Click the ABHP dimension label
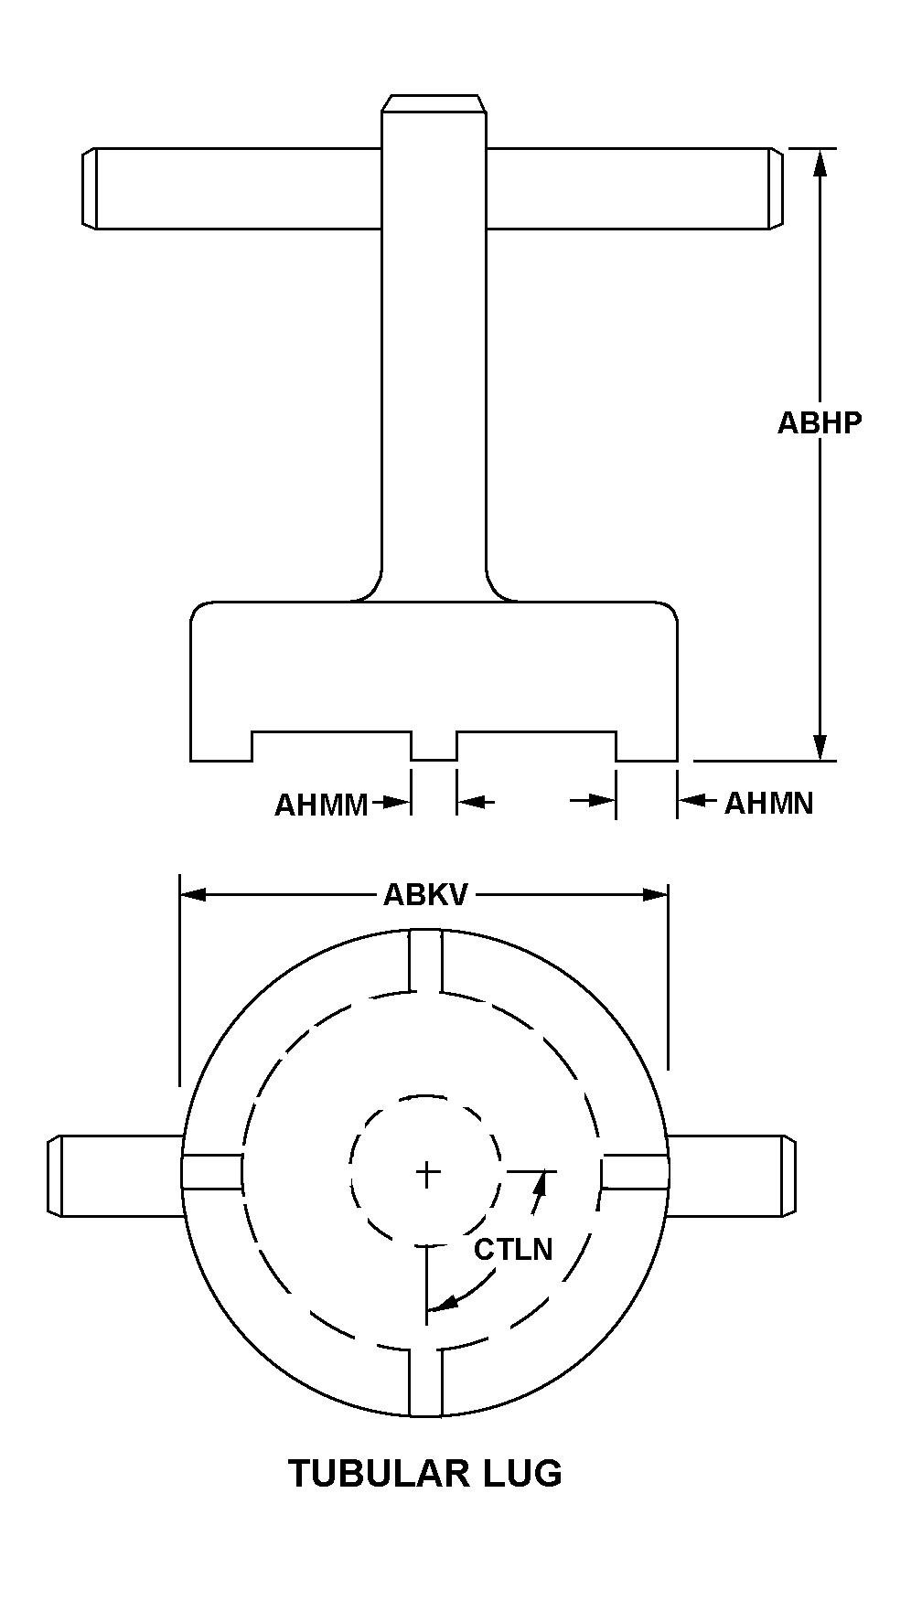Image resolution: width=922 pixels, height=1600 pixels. [819, 422]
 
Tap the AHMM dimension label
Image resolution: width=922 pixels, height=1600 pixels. [321, 805]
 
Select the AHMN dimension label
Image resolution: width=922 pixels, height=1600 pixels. [768, 803]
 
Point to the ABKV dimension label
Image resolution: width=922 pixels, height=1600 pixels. [424, 894]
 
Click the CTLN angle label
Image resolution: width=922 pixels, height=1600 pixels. [513, 1249]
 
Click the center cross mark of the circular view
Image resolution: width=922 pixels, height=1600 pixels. [426, 1173]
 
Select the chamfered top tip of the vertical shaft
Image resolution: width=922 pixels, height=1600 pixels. [433, 102]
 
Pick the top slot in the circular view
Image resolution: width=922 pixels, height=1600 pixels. [426, 961]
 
